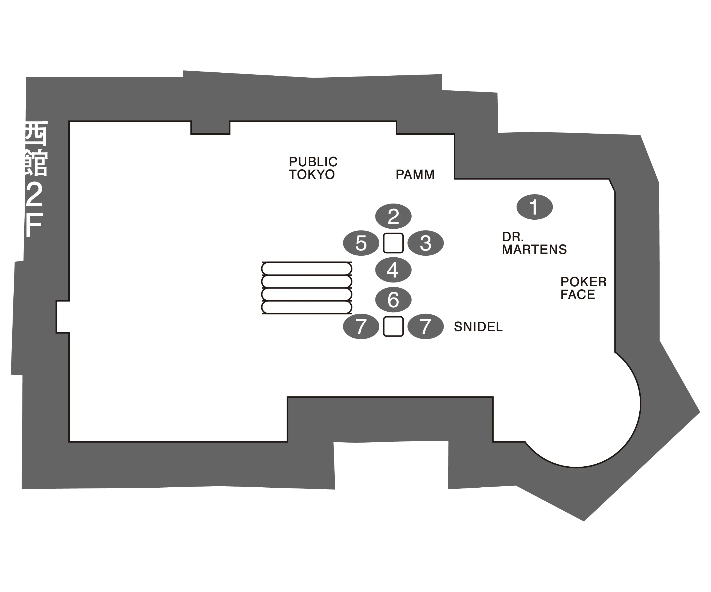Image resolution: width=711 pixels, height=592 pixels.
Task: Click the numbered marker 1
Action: click(534, 207)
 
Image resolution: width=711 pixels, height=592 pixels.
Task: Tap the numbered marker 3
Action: click(425, 243)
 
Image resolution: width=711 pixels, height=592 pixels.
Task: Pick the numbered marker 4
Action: click(393, 270)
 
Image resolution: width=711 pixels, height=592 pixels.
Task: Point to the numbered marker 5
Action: click(361, 243)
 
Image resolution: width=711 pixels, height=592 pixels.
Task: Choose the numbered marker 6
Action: click(393, 300)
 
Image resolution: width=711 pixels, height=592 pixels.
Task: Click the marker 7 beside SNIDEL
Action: click(425, 326)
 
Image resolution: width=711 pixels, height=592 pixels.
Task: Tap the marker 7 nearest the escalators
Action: click(361, 326)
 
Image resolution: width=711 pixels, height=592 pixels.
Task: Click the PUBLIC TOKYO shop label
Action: click(313, 168)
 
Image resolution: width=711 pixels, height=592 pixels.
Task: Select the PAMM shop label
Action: click(415, 175)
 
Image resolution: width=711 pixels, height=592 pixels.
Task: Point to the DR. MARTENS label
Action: click(534, 243)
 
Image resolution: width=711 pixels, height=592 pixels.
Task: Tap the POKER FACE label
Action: click(583, 288)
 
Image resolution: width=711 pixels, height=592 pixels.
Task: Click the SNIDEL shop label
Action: click(478, 327)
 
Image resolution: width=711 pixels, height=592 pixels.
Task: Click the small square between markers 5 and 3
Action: click(393, 243)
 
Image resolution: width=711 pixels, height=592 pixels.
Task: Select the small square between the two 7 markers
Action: click(393, 326)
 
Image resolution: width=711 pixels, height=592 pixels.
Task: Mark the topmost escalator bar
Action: click(306, 269)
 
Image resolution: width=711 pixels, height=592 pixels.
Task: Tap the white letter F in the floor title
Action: click(34, 225)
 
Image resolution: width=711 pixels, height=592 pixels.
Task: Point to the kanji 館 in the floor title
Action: click(35, 164)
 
